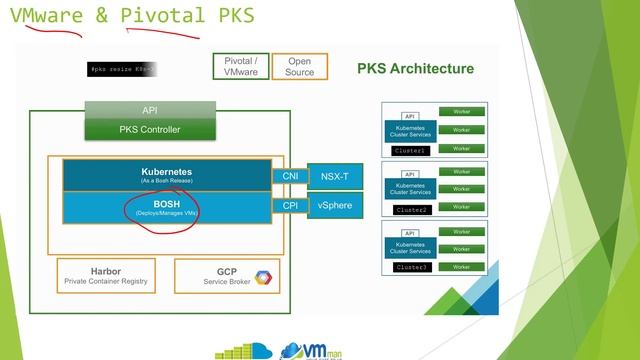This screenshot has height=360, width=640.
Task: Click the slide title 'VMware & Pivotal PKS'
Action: click(130, 16)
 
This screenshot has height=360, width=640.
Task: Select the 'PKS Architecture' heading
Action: click(415, 69)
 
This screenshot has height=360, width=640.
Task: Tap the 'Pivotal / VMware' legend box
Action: click(240, 67)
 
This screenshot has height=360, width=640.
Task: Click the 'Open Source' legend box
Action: click(299, 67)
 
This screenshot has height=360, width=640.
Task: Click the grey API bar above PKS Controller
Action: click(150, 109)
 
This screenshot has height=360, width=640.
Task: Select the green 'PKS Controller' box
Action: click(150, 128)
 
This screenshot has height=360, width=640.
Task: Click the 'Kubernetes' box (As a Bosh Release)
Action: click(166, 175)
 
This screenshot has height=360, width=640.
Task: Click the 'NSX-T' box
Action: click(333, 176)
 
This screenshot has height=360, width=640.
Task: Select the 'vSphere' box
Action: click(333, 206)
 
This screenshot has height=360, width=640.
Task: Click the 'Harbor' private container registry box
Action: click(105, 275)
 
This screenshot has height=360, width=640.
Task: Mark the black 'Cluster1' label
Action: click(410, 149)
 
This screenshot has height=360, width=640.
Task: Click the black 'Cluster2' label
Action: click(410, 210)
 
